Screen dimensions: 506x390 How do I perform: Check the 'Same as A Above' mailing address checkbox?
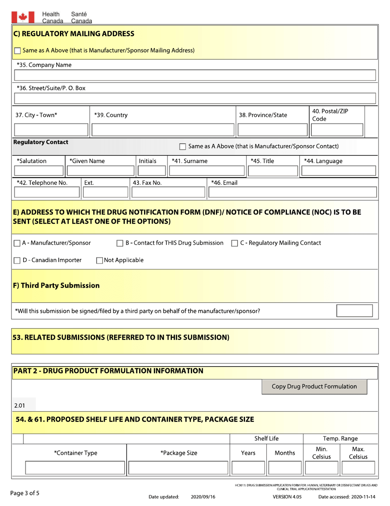[17, 51]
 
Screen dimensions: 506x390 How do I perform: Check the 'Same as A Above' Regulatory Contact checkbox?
[183, 146]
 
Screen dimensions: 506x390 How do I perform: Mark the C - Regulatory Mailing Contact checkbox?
[234, 243]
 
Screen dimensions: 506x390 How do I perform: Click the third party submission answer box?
[354, 311]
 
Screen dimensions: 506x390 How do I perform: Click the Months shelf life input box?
[284, 468]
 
